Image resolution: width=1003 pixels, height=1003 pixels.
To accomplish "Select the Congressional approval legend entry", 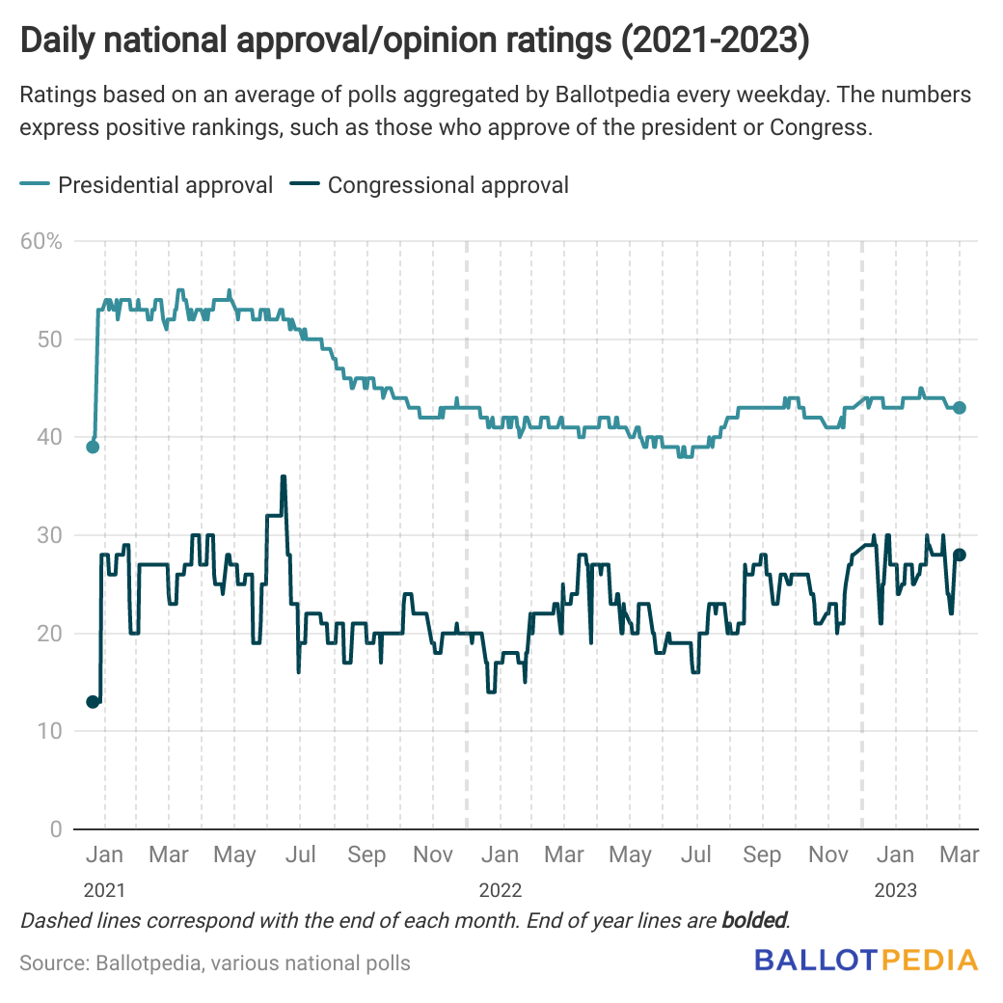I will click(x=447, y=184).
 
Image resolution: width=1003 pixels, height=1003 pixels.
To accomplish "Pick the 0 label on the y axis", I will click(x=55, y=829).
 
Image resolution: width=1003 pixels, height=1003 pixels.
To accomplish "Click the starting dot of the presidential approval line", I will click(x=93, y=447).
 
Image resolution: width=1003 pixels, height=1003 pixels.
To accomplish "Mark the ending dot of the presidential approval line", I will click(x=960, y=407).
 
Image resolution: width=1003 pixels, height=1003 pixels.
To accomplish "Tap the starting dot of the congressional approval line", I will click(x=93, y=701).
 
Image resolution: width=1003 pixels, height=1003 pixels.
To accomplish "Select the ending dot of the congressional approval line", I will click(x=960, y=555).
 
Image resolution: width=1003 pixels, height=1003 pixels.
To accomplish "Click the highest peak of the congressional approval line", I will click(x=284, y=476).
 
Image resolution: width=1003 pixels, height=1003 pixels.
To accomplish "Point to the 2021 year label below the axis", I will click(x=103, y=889).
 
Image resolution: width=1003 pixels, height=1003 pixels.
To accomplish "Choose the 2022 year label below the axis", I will click(x=500, y=889).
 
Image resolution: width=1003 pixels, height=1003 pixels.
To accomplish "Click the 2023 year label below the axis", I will click(x=896, y=889).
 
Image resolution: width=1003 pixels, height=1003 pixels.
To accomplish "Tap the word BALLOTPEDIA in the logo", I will click(x=866, y=960).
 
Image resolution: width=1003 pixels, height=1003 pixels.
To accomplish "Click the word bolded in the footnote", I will click(x=754, y=920).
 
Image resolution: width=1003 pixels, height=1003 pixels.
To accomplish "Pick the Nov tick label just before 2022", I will click(x=433, y=854).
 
